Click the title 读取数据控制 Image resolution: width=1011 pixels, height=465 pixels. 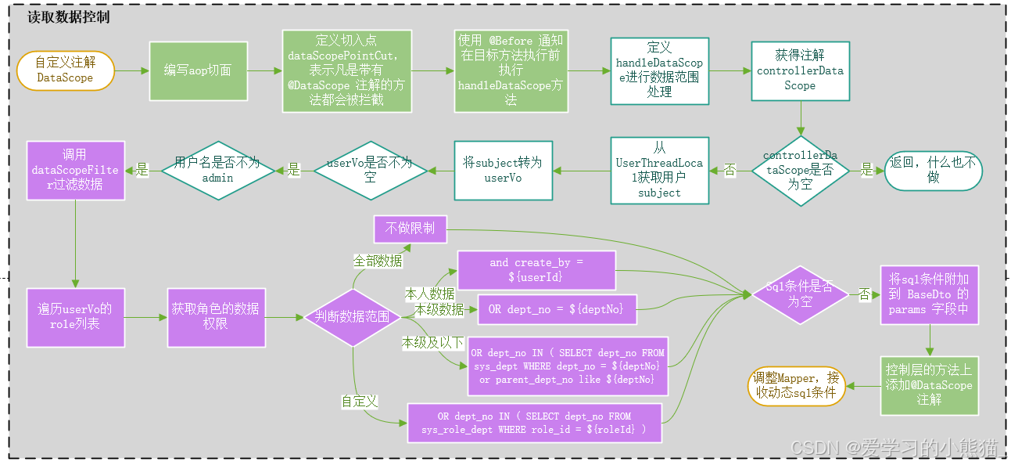pyautogui.click(x=68, y=16)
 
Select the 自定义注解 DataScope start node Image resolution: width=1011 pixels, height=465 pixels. pyautogui.click(x=65, y=70)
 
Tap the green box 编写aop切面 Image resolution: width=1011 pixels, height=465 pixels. pyautogui.click(x=198, y=70)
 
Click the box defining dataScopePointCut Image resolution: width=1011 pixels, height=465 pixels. pyautogui.click(x=345, y=70)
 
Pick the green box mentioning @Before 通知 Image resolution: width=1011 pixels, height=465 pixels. pyautogui.click(x=510, y=70)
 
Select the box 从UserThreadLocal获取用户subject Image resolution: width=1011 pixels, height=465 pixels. pyautogui.click(x=659, y=170)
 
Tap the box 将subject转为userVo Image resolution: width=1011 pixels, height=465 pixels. pyautogui.click(x=503, y=170)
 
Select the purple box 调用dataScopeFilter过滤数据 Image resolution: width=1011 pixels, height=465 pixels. pyautogui.click(x=75, y=170)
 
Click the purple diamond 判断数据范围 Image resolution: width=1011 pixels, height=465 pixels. pyautogui.click(x=352, y=317)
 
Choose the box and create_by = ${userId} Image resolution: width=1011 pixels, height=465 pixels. pyautogui.click(x=536, y=269)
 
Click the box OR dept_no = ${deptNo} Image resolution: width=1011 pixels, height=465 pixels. pyautogui.click(x=556, y=309)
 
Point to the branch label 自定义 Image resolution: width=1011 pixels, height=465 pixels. pyautogui.click(x=360, y=402)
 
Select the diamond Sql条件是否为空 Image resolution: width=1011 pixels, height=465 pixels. pyautogui.click(x=800, y=295)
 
